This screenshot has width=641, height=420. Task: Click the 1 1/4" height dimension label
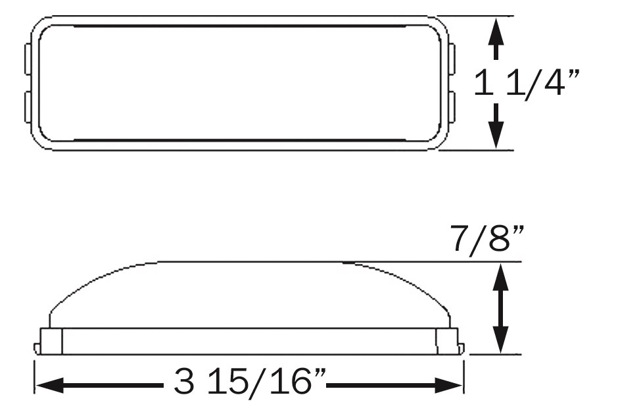click(x=527, y=83)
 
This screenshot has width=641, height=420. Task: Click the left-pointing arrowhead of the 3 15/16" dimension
click(x=50, y=385)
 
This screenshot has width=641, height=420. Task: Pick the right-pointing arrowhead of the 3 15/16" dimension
click(x=448, y=385)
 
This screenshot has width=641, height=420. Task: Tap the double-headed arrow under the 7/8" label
click(x=501, y=309)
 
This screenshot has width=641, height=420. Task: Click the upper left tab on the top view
click(x=28, y=59)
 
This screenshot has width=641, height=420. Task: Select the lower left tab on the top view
click(x=28, y=107)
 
